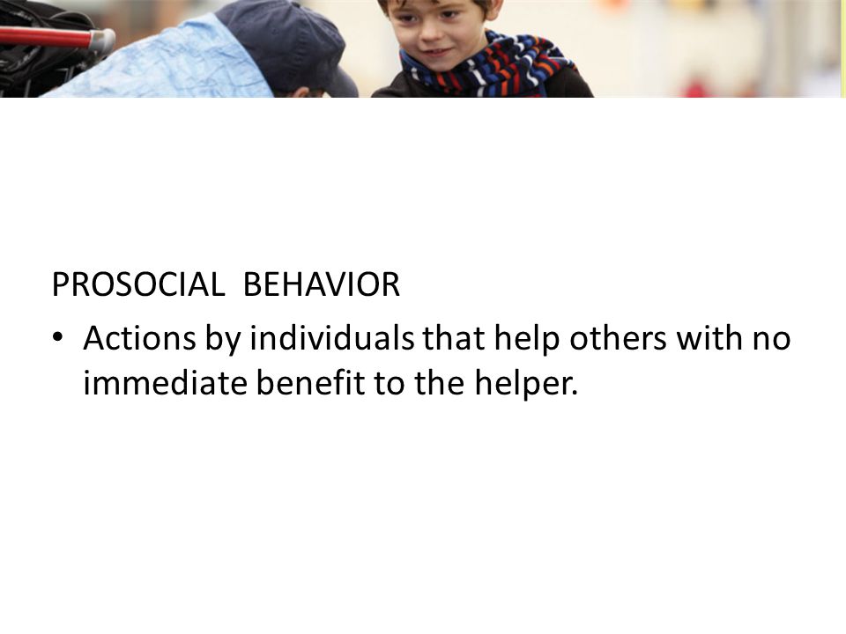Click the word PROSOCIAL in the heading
(138, 284)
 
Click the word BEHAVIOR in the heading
(322, 284)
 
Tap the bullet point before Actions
(58, 337)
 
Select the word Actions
(140, 338)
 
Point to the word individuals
(332, 338)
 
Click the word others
(619, 338)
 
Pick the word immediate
(165, 383)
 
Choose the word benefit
(311, 383)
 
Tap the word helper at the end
(526, 384)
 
